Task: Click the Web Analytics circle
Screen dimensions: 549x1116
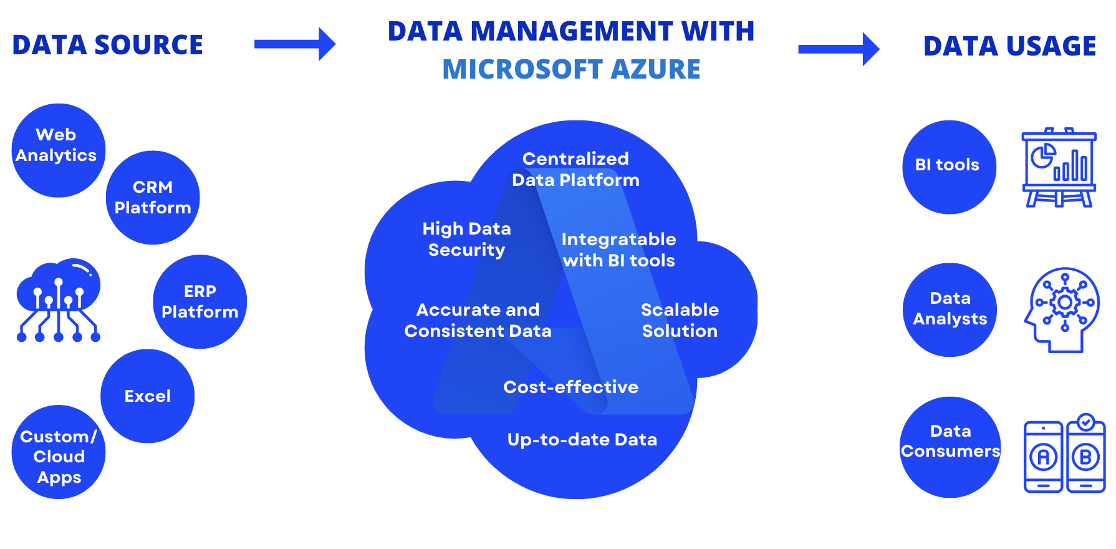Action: pos(58,150)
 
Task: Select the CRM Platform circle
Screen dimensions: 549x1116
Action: pos(153,197)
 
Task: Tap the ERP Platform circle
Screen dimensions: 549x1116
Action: pos(200,301)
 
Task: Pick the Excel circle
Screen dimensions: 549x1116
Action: pos(147,396)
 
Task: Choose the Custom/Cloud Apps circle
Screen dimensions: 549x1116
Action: pos(58,452)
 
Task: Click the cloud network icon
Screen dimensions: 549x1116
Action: pos(58,300)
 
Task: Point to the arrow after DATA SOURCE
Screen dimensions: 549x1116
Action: pos(295,44)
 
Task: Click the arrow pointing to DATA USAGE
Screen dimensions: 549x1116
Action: pos(839,49)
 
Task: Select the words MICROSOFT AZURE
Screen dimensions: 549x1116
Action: pos(571,69)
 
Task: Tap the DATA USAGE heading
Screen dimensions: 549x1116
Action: pos(1009,46)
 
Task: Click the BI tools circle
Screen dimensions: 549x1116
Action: pos(949,167)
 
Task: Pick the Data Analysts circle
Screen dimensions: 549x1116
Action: pos(949,309)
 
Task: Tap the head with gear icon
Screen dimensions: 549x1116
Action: pos(1061,309)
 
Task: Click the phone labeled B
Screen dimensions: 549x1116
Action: pos(1085,456)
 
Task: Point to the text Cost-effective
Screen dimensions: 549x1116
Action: pos(570,387)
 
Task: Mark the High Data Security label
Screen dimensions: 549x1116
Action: pos(466,239)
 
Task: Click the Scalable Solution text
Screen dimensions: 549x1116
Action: pos(680,320)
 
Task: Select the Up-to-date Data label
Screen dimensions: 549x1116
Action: pos(582,439)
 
